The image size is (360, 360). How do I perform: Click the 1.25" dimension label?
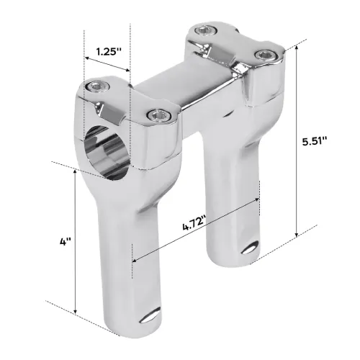(107, 52)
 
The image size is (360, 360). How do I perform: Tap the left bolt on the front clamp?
(96, 86)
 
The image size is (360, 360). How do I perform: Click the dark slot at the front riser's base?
(153, 317)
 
